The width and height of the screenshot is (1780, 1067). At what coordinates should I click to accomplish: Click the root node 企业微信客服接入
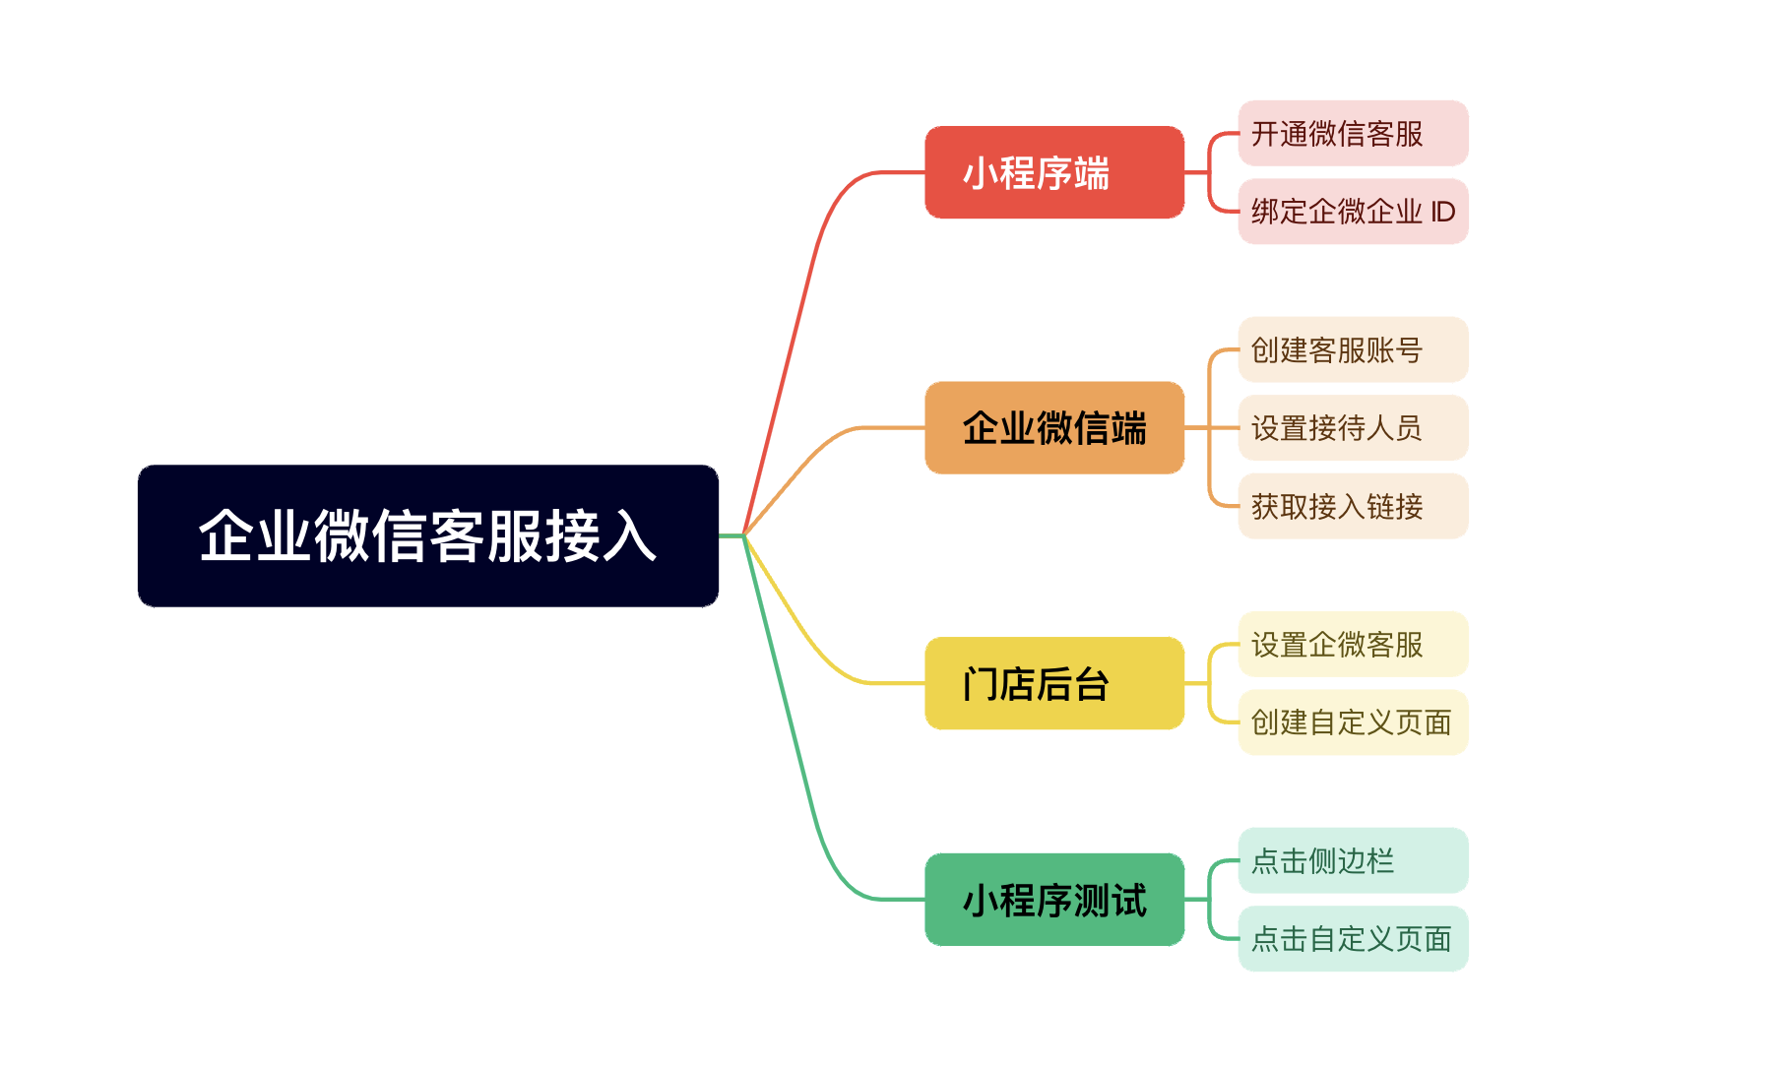pos(428,535)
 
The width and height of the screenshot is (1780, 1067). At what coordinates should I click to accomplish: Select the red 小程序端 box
pos(1054,172)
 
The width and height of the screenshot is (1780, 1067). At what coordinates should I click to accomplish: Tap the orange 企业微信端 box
pos(1054,427)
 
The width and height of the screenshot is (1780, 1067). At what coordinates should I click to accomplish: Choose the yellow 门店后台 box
pos(1054,683)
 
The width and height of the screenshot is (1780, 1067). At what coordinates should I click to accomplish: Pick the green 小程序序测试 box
pos(1054,900)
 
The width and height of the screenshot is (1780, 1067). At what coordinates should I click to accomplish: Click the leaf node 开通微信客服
pos(1353,133)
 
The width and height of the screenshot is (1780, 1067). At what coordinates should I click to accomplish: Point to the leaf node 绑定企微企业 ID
pos(1353,212)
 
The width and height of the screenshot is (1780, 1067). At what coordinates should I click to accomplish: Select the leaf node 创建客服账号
pos(1353,349)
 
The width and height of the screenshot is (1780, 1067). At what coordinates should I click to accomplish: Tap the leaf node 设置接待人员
pos(1353,427)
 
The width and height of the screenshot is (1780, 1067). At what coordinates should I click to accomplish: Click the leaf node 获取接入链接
pos(1353,506)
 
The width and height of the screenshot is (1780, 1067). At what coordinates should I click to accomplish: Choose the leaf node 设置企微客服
pos(1353,644)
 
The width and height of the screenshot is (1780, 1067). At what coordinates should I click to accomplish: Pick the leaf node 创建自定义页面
pos(1353,722)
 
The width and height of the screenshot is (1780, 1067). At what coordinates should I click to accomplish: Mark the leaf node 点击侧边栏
pos(1353,860)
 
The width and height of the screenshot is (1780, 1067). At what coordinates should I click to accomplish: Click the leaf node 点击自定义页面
pos(1353,939)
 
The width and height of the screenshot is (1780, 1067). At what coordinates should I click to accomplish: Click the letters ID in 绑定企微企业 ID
pos(1442,212)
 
